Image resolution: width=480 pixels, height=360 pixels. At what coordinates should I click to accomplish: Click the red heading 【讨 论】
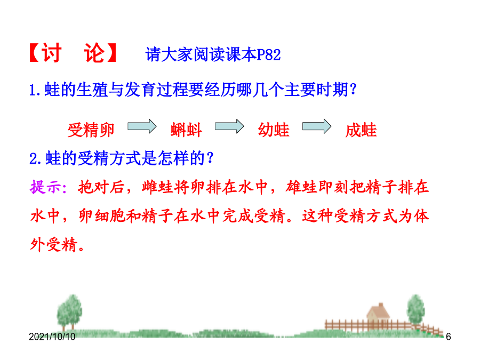pyautogui.click(x=73, y=53)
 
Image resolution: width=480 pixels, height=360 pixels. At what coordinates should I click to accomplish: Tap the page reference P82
pyautogui.click(x=268, y=55)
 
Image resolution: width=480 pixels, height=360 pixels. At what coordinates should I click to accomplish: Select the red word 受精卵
pyautogui.click(x=91, y=130)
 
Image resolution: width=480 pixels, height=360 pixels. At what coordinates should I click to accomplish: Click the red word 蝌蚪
pyautogui.click(x=186, y=130)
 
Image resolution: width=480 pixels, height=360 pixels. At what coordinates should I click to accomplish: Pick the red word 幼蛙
pyautogui.click(x=274, y=130)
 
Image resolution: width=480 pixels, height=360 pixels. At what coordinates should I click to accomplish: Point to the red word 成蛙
pyautogui.click(x=361, y=130)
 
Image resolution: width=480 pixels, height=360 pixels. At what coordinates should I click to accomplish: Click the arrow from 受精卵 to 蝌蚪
pyautogui.click(x=142, y=126)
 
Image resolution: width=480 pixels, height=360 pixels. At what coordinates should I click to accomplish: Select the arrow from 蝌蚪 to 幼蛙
pyautogui.click(x=229, y=126)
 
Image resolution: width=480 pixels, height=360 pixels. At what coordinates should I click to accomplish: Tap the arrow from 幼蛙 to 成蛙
pyautogui.click(x=317, y=126)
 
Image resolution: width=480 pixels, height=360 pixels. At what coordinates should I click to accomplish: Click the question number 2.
pyautogui.click(x=34, y=159)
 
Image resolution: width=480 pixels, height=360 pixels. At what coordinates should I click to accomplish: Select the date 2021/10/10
pyautogui.click(x=52, y=337)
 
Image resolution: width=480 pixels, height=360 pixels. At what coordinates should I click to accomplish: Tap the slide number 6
pyautogui.click(x=449, y=337)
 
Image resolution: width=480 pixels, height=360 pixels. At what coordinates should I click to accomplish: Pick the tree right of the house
pyautogui.click(x=415, y=310)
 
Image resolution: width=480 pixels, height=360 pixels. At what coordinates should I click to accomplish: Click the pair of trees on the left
pyautogui.click(x=69, y=311)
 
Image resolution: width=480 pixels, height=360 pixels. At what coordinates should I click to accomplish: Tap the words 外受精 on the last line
pyautogui.click(x=53, y=245)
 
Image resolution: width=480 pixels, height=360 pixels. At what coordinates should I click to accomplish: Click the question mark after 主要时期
pyautogui.click(x=353, y=90)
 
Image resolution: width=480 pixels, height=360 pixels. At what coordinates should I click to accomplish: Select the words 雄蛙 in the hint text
pyautogui.click(x=301, y=187)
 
